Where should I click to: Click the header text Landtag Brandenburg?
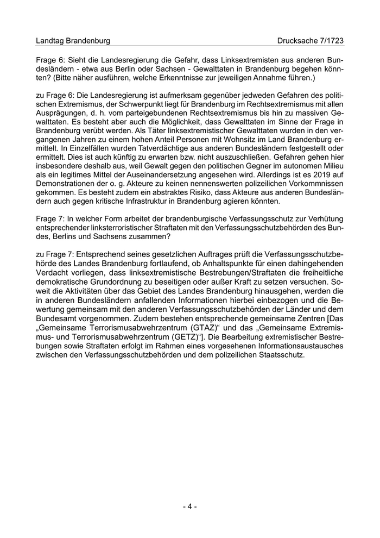click(x=73, y=41)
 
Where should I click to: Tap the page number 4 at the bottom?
click(x=189, y=506)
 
